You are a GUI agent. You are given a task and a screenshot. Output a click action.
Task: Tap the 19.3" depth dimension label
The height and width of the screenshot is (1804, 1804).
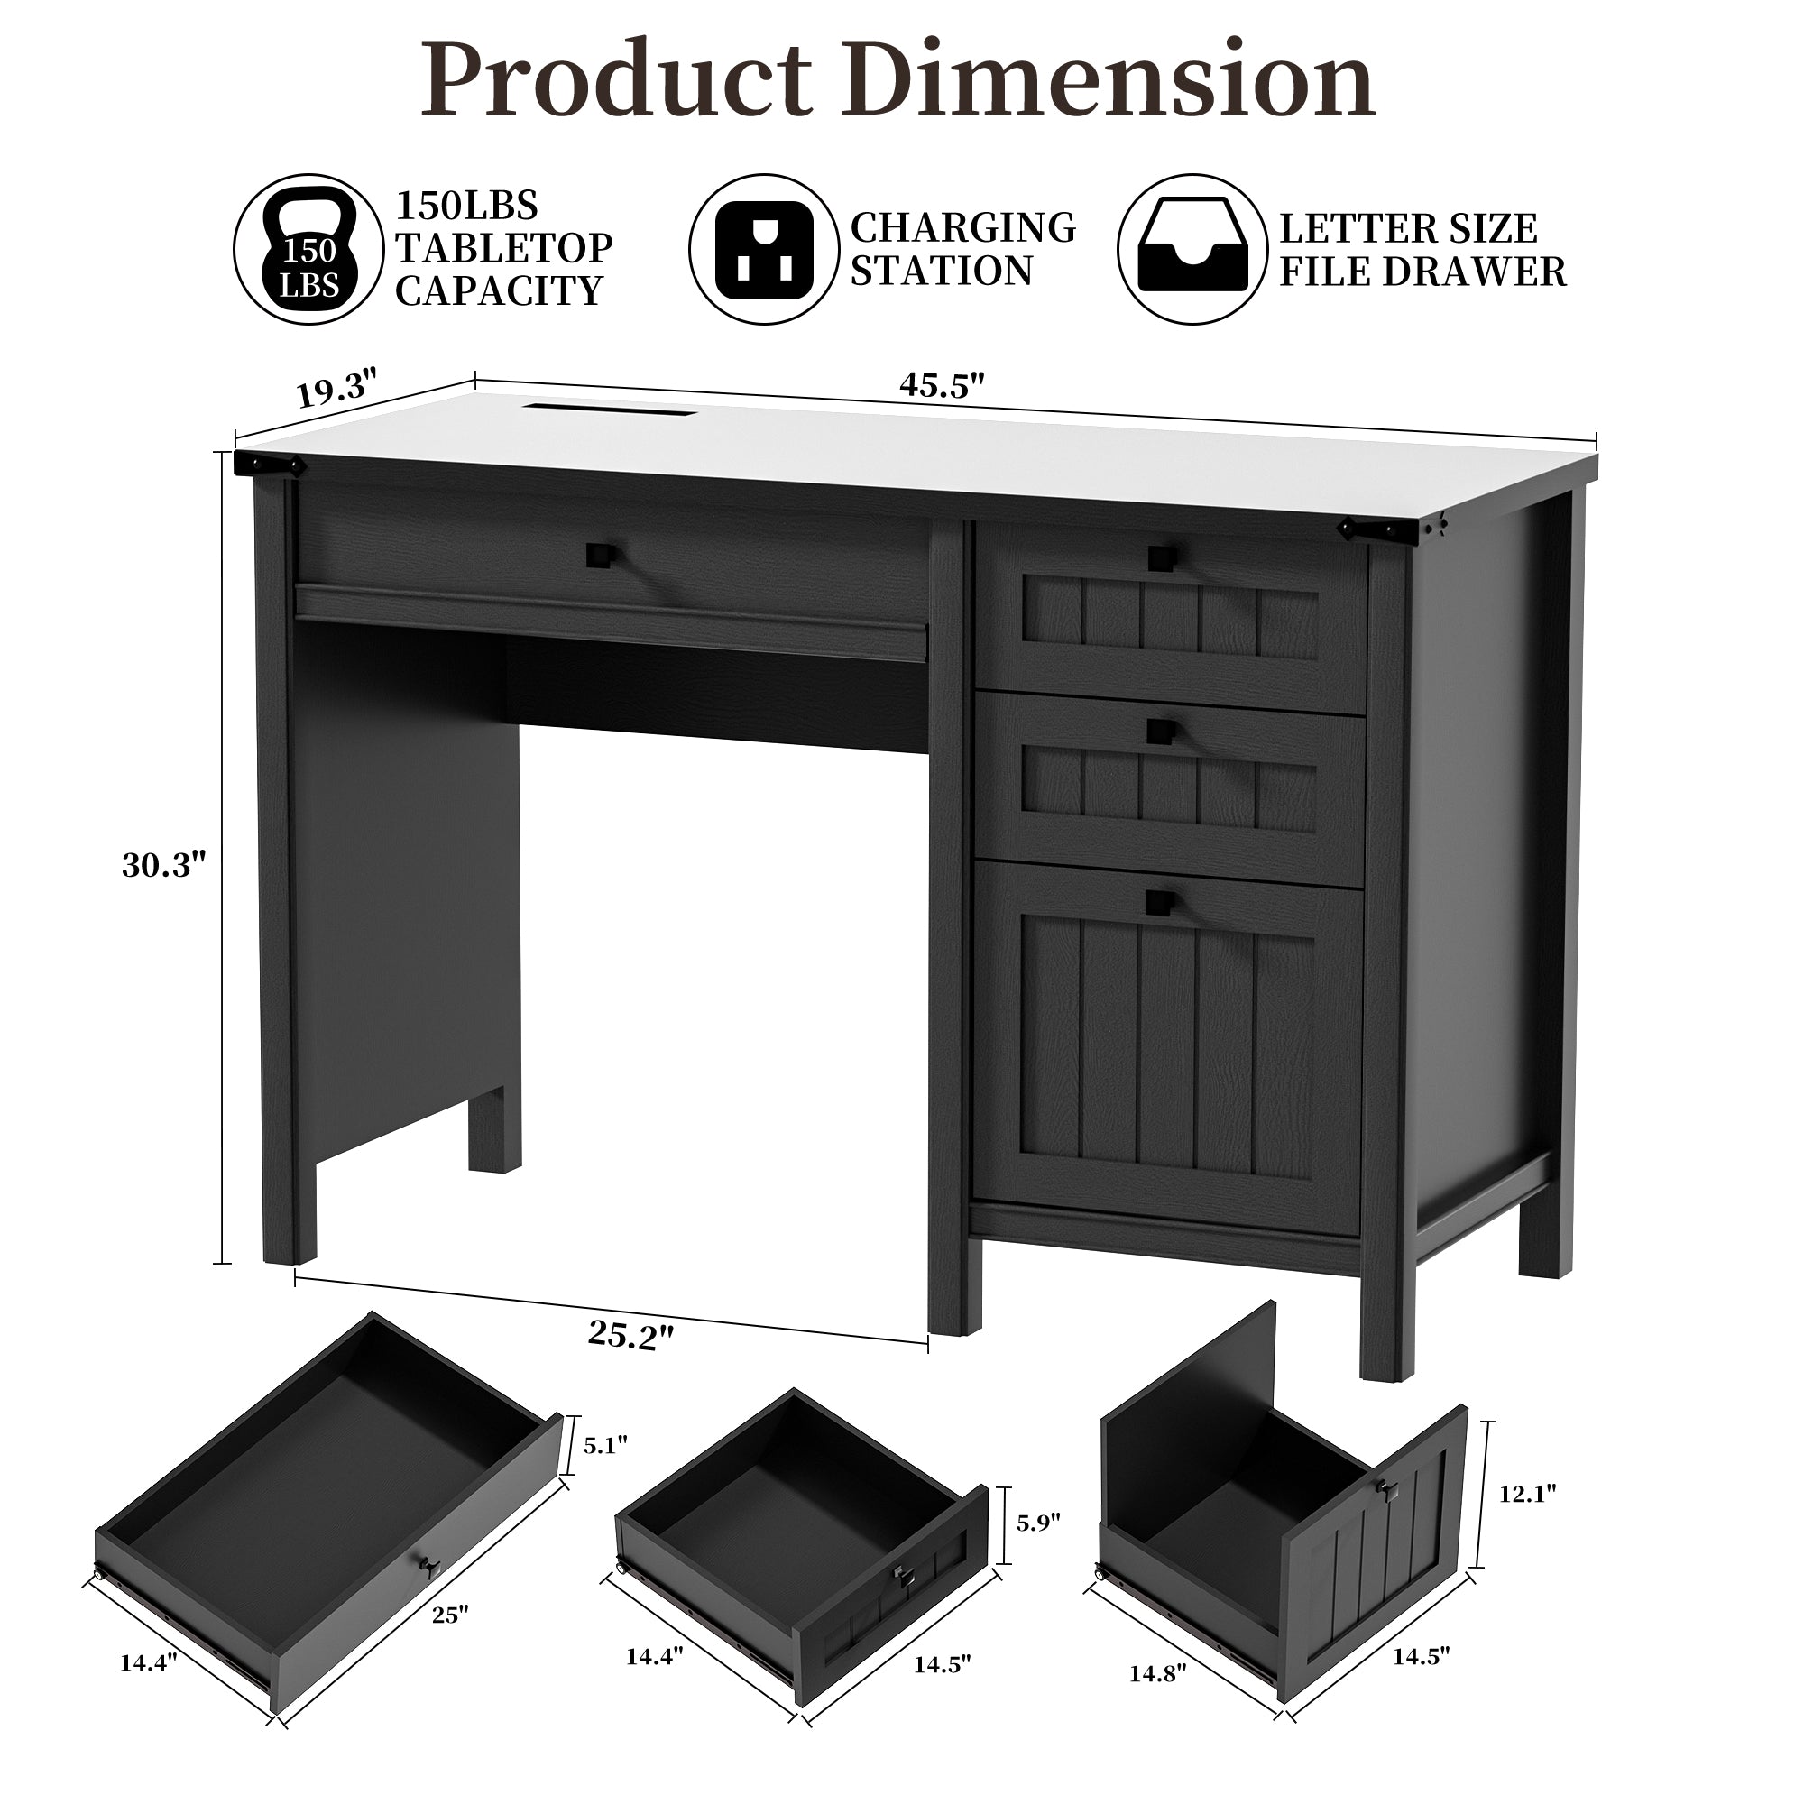[x=337, y=388]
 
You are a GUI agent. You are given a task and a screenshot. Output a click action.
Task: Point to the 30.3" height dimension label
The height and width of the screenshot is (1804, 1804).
[x=163, y=866]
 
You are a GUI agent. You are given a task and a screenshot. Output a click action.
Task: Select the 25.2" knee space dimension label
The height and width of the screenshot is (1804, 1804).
[x=630, y=1336]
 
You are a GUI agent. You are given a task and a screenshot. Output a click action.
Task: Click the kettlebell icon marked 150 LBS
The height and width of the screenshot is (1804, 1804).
[x=309, y=249]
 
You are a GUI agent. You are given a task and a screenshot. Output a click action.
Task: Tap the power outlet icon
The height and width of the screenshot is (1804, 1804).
[x=764, y=249]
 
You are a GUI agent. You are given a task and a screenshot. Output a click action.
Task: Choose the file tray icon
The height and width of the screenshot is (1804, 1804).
[x=1192, y=249]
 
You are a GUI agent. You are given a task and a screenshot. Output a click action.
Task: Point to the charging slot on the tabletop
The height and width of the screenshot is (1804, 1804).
[x=611, y=408]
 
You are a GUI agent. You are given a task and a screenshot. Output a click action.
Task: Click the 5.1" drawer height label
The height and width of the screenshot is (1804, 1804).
[x=605, y=1445]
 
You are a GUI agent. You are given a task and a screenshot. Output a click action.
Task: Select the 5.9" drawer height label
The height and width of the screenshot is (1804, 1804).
[x=1038, y=1523]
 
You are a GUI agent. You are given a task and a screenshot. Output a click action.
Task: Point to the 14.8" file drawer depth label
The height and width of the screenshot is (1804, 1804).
[x=1157, y=1674]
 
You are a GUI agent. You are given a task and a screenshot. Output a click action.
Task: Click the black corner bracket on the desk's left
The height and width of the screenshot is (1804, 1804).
[x=270, y=463]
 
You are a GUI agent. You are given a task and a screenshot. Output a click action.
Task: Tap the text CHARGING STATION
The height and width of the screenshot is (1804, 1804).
[x=962, y=249]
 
